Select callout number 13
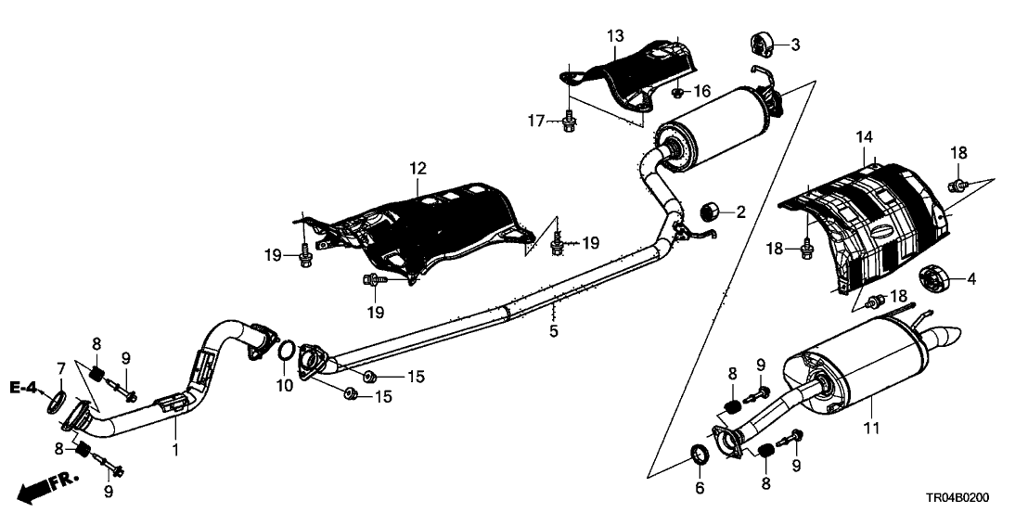tap(616, 36)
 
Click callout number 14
tap(864, 137)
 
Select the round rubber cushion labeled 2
tap(712, 210)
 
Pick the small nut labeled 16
tap(679, 93)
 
